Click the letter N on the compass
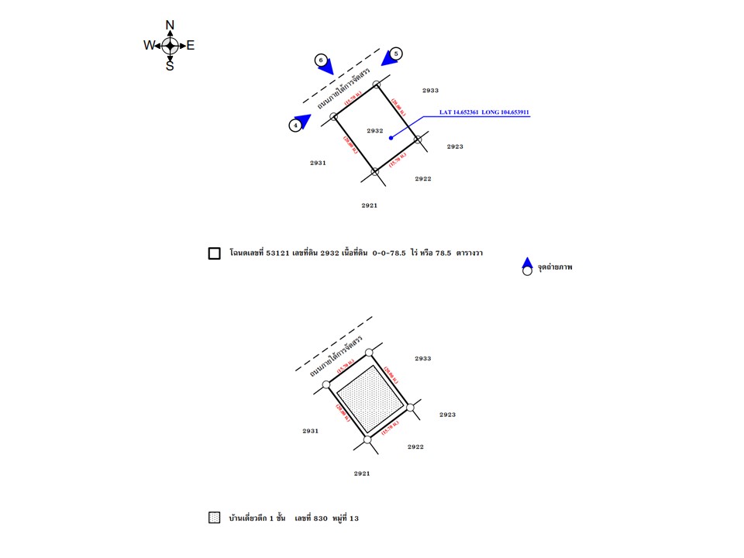point(170,26)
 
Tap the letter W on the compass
point(149,46)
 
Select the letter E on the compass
point(191,46)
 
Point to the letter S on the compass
point(170,67)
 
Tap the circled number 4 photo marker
point(295,125)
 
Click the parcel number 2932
point(375,131)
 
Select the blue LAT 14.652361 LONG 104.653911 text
point(484,113)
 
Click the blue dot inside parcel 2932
point(391,138)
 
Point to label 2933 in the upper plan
point(431,91)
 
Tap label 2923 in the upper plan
point(455,146)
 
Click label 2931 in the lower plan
point(311,431)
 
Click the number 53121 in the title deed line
point(278,253)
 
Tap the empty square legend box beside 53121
point(215,253)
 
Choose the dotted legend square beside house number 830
point(215,517)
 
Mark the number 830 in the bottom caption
point(322,517)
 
